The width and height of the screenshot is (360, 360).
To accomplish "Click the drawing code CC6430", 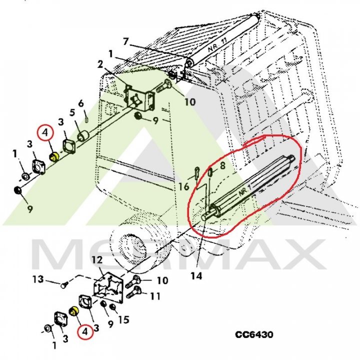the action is click(254, 334).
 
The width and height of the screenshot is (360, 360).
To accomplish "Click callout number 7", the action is click(126, 42).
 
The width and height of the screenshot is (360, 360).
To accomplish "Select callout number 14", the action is click(196, 275).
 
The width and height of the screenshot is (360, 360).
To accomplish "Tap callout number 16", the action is click(183, 186).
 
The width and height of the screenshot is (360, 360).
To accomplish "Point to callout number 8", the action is click(222, 165).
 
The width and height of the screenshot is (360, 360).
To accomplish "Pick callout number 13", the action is click(38, 279).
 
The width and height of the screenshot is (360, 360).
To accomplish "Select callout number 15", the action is click(124, 319).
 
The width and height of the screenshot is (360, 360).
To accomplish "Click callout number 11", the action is click(155, 296).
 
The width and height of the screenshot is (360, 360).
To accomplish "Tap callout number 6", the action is click(81, 103).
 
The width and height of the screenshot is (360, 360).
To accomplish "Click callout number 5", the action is click(72, 113).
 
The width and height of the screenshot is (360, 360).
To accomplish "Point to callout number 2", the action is click(100, 64).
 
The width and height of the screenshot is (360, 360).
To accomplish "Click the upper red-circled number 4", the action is click(45, 132).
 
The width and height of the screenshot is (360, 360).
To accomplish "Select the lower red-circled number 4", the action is click(85, 331).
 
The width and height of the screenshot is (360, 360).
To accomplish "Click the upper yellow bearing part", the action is click(54, 157).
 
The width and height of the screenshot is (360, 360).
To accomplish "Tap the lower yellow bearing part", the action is click(74, 311).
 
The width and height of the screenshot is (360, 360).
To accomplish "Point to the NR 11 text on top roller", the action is click(217, 44).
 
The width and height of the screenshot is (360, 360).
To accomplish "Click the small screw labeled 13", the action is click(64, 285).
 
